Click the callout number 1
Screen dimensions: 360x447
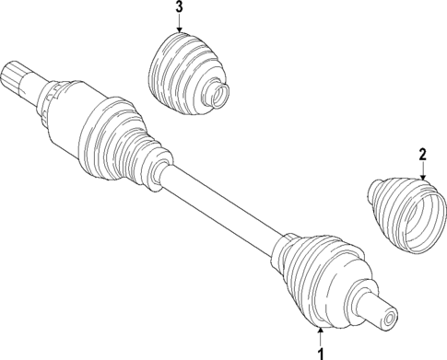320,353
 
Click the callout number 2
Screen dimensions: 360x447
421,155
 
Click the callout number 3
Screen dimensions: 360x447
180,8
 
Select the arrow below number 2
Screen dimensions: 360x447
421,170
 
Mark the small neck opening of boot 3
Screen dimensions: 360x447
218,93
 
